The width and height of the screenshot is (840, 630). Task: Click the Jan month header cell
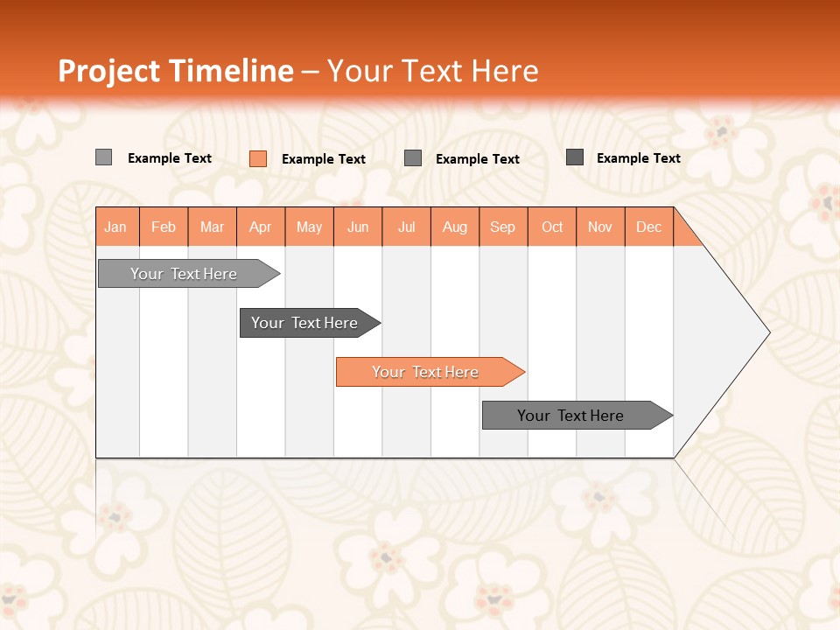[116, 227]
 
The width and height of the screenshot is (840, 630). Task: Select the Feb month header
[164, 227]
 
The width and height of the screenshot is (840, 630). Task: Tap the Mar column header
[212, 227]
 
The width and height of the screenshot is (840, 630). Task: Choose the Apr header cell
[261, 227]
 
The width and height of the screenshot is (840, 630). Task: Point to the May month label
[309, 227]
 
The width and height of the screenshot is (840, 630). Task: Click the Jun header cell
[358, 227]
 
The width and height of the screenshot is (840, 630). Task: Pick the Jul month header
[406, 227]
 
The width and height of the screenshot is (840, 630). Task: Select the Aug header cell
[455, 227]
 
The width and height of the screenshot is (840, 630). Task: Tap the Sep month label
[503, 227]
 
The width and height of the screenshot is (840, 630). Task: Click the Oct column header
[552, 227]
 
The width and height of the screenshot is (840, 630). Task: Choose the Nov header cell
[600, 227]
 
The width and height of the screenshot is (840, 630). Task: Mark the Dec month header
[649, 227]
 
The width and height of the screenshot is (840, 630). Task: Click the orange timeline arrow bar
[429, 372]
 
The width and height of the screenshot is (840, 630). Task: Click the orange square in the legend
[258, 158]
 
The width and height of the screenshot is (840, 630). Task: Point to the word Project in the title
[108, 71]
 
